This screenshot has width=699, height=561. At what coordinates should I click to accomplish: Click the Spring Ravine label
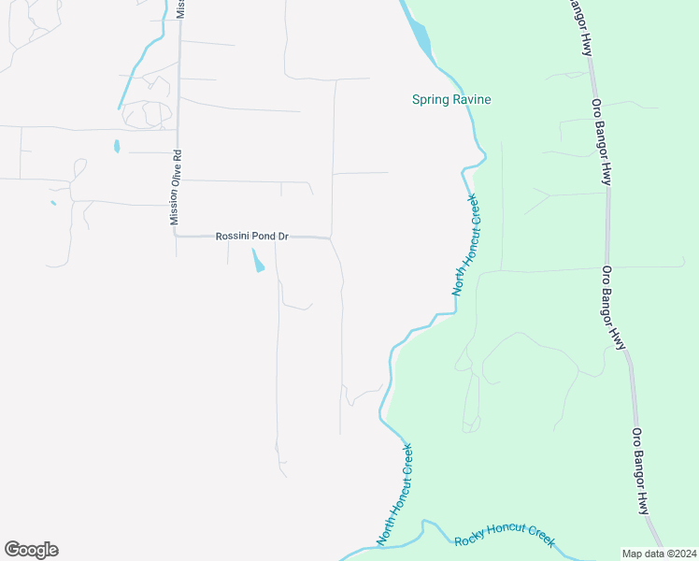(x=451, y=100)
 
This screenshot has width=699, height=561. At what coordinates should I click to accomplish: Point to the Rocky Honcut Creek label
(x=504, y=537)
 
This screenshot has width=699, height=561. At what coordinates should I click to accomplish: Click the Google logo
(x=31, y=550)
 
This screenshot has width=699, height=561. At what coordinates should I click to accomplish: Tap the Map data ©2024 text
(x=659, y=554)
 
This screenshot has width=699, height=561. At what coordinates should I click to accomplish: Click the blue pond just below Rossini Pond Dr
(x=258, y=261)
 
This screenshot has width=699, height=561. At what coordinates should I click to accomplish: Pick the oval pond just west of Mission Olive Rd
(x=117, y=146)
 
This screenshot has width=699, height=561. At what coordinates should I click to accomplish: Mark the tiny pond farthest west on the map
(x=53, y=203)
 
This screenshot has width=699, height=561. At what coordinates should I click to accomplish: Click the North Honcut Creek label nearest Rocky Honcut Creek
(x=394, y=495)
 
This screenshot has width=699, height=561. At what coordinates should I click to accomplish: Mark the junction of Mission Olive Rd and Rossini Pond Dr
(x=176, y=237)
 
